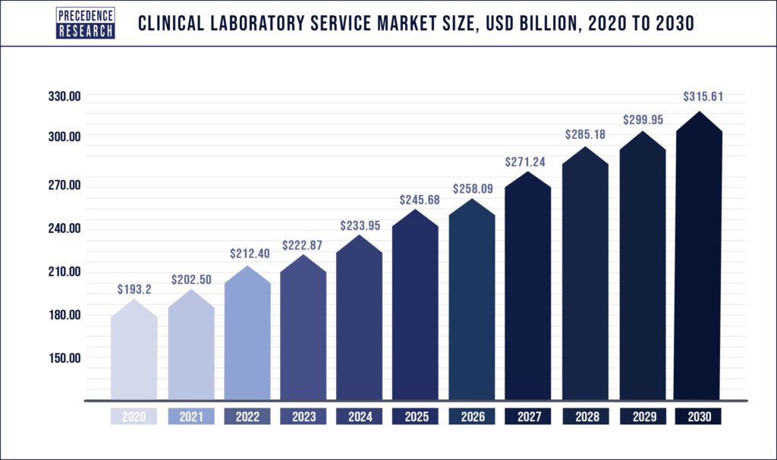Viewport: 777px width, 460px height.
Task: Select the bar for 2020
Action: click(134, 353)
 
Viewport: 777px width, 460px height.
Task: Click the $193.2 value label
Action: click(134, 289)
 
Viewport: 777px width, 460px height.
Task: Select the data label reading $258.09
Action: click(471, 188)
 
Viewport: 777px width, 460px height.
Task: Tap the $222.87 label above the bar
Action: click(303, 245)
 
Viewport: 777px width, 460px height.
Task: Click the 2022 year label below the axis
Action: click(247, 417)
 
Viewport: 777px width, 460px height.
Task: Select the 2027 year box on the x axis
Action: click(527, 417)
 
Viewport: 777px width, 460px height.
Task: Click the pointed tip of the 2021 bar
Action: click(190, 291)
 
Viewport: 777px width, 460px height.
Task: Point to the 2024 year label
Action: click(359, 417)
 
